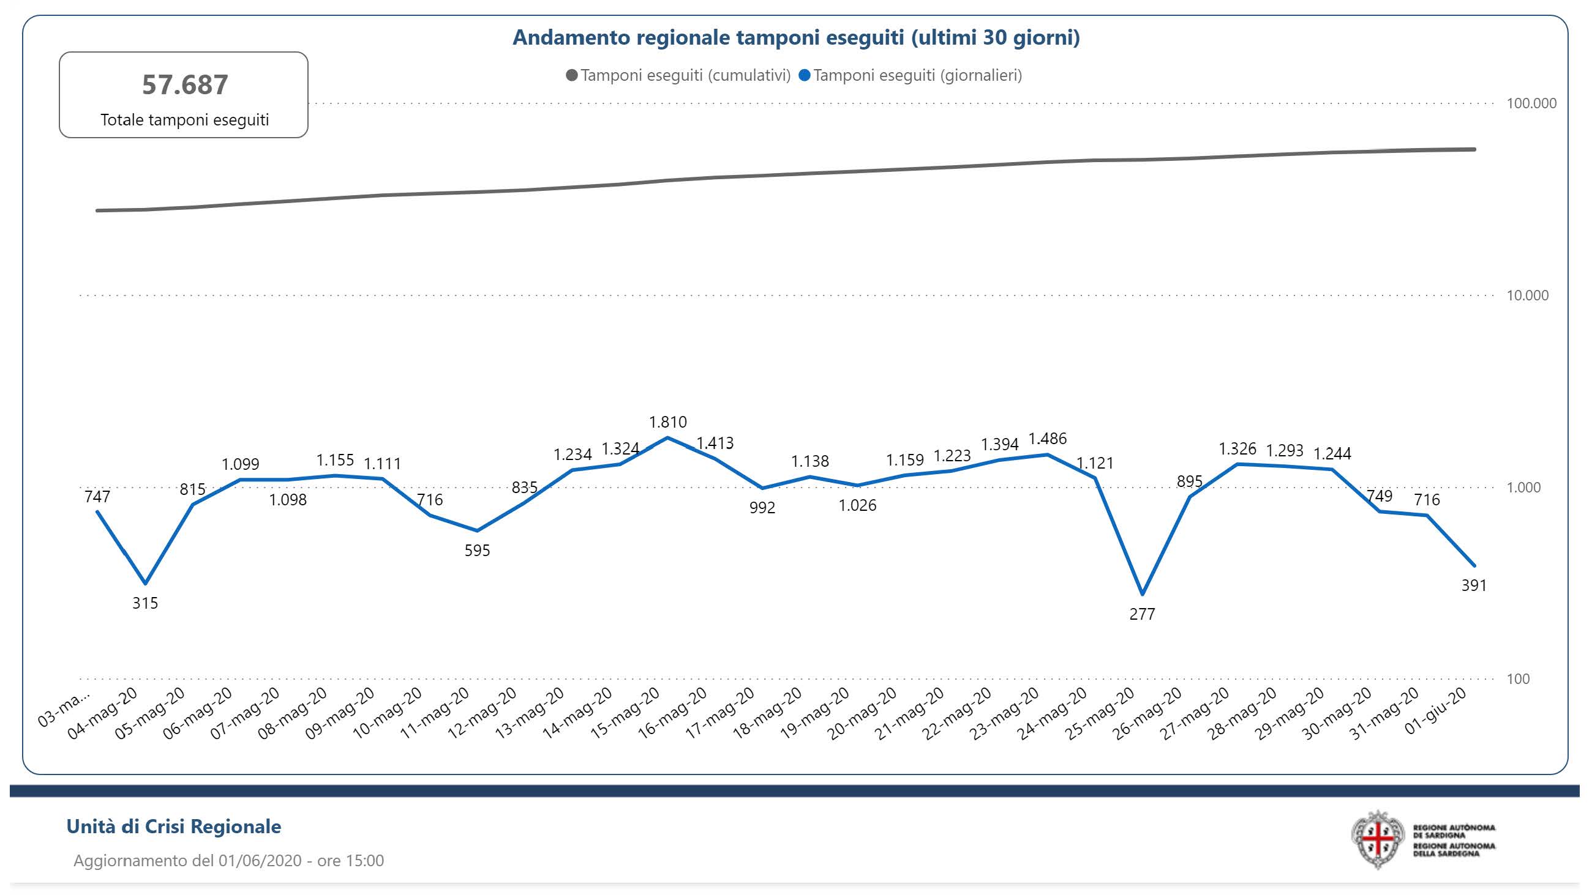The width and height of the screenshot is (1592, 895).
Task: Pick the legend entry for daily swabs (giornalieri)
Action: (x=911, y=75)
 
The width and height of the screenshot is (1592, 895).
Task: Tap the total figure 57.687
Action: (x=185, y=84)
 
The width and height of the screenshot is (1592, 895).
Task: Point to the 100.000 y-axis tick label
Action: (x=1531, y=103)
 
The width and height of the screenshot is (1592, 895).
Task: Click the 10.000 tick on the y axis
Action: (x=1527, y=295)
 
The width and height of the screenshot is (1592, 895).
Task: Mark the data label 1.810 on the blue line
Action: (x=667, y=422)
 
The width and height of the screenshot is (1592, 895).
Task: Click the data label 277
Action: (x=1141, y=614)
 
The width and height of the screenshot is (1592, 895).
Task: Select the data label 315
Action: (x=145, y=603)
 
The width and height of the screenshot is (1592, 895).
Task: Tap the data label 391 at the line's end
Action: (x=1473, y=585)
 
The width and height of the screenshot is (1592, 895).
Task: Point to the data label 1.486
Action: (x=1047, y=439)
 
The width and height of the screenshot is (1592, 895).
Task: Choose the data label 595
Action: (x=477, y=551)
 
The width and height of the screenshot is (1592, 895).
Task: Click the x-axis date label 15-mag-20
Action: (x=625, y=713)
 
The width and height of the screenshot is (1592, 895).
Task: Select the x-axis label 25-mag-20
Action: (x=1101, y=713)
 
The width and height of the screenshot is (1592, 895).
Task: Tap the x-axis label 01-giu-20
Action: (x=1436, y=711)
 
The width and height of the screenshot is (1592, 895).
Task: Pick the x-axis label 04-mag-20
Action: (x=103, y=713)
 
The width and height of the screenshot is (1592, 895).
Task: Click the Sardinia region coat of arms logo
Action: (x=1378, y=839)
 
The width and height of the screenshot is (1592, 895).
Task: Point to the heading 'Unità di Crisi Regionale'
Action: (x=174, y=826)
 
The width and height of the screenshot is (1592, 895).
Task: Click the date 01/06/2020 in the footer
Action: (x=260, y=860)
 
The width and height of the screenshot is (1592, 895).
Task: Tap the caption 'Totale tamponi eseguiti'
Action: (x=185, y=120)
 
